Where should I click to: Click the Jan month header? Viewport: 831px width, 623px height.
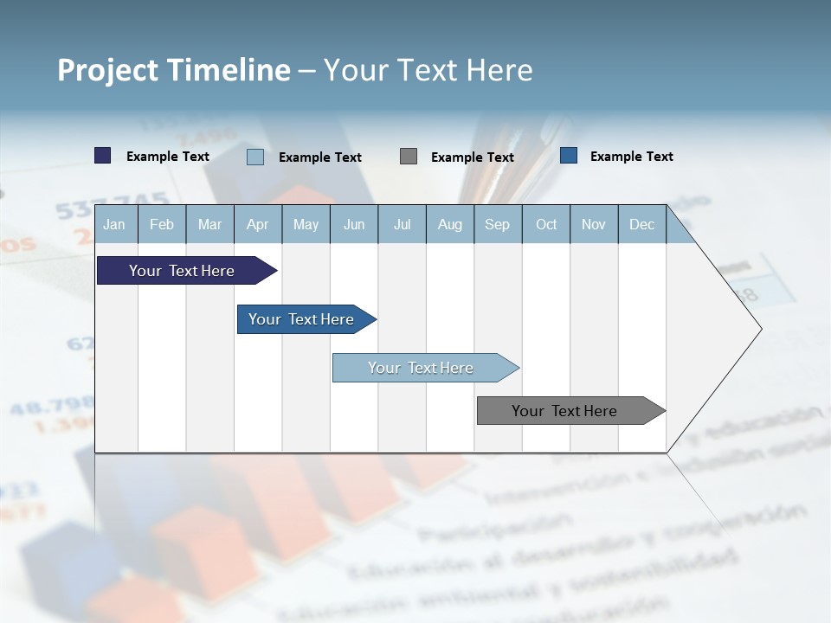click(x=114, y=224)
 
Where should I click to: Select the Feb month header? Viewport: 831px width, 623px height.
click(x=162, y=224)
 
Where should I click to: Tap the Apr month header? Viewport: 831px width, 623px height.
click(x=257, y=224)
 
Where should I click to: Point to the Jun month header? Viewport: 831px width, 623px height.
click(x=354, y=224)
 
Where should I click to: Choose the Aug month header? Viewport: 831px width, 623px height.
click(x=449, y=224)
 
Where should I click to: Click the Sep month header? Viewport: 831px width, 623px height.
click(x=497, y=224)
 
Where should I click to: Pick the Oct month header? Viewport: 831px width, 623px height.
click(x=546, y=224)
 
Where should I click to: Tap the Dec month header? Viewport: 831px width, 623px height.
click(x=641, y=224)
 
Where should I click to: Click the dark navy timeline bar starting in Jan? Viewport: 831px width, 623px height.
click(x=182, y=271)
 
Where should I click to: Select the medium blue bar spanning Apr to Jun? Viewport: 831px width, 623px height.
click(x=301, y=319)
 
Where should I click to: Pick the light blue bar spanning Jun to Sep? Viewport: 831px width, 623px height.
click(x=421, y=368)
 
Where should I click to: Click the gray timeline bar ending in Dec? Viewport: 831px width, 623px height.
click(x=564, y=411)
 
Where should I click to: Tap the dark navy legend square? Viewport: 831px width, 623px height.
click(x=102, y=156)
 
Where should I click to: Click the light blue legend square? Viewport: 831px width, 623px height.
click(x=254, y=157)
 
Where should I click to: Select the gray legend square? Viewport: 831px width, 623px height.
click(x=408, y=157)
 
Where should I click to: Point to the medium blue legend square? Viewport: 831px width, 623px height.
click(x=568, y=156)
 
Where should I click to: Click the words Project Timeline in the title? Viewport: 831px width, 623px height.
click(x=173, y=70)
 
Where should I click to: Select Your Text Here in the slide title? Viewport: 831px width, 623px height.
click(x=428, y=70)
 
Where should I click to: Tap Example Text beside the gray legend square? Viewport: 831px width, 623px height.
click(x=472, y=157)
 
